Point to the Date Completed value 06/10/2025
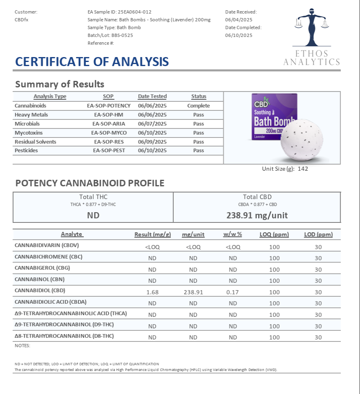pos(238,35)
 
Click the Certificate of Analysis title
pos(92,62)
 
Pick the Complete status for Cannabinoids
pos(198,106)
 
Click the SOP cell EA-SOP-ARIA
pos(109,124)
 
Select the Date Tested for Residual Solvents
pos(152,142)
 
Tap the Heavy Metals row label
pos(31,115)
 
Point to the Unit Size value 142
pos(303,169)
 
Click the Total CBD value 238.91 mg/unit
pos(257,215)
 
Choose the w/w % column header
pos(233,235)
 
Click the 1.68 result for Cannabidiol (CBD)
pos(152,292)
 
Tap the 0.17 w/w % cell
pos(233,292)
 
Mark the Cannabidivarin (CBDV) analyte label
pos(46,245)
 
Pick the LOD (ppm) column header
pos(318,235)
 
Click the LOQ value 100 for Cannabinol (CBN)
pos(274,281)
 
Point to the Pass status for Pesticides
pos(198,151)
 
